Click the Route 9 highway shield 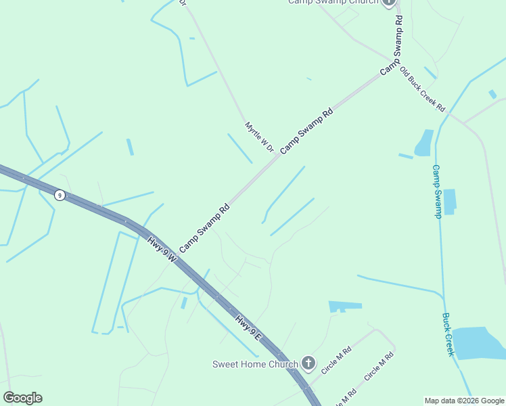pyautogui.click(x=60, y=195)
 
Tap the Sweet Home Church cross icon pyautogui.click(x=308, y=364)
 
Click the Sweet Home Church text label pyautogui.click(x=255, y=364)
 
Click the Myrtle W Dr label pyautogui.click(x=259, y=137)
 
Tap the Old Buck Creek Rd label pyautogui.click(x=422, y=89)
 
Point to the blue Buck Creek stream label pyautogui.click(x=448, y=334)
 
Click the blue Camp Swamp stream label pyautogui.click(x=437, y=191)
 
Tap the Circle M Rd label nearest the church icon pyautogui.click(x=337, y=361)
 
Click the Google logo pyautogui.click(x=22, y=398)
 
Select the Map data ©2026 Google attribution pyautogui.click(x=464, y=401)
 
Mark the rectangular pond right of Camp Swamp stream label pyautogui.click(x=449, y=201)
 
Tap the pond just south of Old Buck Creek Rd pyautogui.click(x=425, y=143)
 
